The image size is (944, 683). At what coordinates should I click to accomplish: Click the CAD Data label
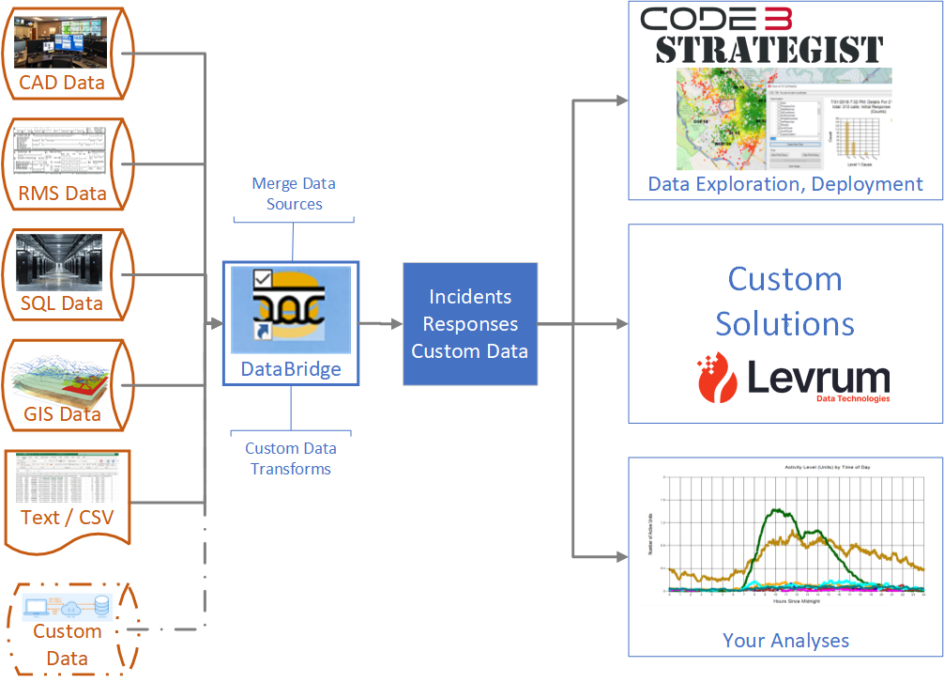(62, 82)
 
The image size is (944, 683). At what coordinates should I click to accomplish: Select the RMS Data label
(63, 194)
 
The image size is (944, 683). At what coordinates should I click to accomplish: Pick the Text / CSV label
(66, 517)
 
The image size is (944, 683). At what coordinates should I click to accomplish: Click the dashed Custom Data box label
(67, 644)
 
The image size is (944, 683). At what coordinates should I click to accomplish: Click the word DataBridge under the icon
(291, 369)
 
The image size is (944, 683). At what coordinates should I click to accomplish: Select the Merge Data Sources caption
(294, 194)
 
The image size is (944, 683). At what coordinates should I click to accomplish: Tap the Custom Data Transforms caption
(291, 458)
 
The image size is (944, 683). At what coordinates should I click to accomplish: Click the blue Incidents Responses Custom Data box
(470, 324)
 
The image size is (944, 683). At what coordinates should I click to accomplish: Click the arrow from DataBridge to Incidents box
(381, 324)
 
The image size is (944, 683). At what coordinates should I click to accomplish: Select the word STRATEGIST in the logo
(769, 50)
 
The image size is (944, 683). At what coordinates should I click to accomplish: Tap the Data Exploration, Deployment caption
(785, 183)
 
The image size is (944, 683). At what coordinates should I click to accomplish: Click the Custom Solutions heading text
(784, 301)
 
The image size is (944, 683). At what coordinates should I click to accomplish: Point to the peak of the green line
(776, 510)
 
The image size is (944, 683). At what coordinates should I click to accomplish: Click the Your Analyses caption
(785, 640)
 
